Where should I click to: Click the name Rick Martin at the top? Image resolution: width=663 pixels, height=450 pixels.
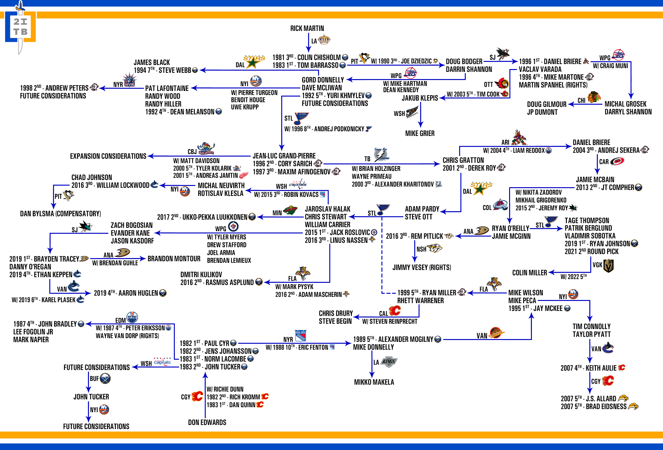click(307, 28)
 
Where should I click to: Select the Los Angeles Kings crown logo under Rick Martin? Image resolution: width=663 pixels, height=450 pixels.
click(324, 40)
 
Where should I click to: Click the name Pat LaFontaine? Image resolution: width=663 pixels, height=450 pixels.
click(167, 88)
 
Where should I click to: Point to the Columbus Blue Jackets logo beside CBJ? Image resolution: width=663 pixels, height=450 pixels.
click(206, 149)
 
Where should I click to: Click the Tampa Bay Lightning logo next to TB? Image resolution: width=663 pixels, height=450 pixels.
click(381, 155)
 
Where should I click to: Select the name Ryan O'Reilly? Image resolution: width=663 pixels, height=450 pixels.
click(510, 228)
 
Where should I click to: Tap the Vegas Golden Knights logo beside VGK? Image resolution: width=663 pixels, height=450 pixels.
click(608, 265)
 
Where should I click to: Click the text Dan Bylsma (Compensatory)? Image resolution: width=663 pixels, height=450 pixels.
click(61, 214)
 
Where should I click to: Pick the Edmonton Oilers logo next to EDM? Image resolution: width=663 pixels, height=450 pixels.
click(132, 317)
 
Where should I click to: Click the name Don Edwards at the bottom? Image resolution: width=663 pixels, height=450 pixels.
click(207, 422)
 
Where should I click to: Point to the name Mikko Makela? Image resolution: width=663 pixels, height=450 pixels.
click(374, 382)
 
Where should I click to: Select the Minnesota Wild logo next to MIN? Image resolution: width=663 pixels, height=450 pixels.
click(290, 211)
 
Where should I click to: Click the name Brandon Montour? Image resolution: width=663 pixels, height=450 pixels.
click(174, 259)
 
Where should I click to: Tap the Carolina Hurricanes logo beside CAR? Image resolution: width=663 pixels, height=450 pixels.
click(617, 161)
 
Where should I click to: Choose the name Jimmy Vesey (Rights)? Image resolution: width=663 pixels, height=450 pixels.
click(421, 267)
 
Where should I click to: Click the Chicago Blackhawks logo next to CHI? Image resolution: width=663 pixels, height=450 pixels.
click(594, 97)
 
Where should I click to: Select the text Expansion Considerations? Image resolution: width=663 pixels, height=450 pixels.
click(108, 156)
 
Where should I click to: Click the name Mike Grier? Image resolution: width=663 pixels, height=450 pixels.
click(420, 133)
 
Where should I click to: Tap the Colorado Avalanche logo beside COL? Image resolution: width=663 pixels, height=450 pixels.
click(500, 205)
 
